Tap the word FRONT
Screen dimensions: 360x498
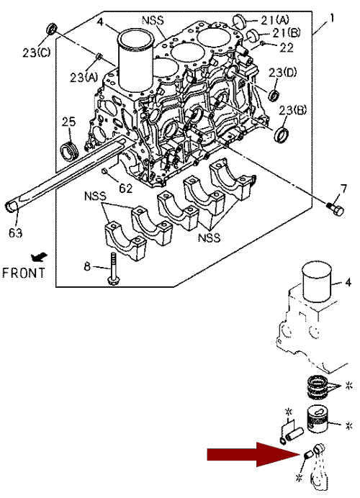pos(24,273)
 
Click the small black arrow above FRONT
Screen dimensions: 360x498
pos(39,257)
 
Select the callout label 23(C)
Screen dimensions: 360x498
pos(36,52)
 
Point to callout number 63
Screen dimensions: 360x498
pos(16,233)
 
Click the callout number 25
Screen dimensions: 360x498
pos(69,122)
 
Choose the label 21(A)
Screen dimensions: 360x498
pos(275,20)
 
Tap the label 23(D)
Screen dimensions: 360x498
pos(282,73)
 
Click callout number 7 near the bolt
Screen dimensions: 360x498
pos(343,189)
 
